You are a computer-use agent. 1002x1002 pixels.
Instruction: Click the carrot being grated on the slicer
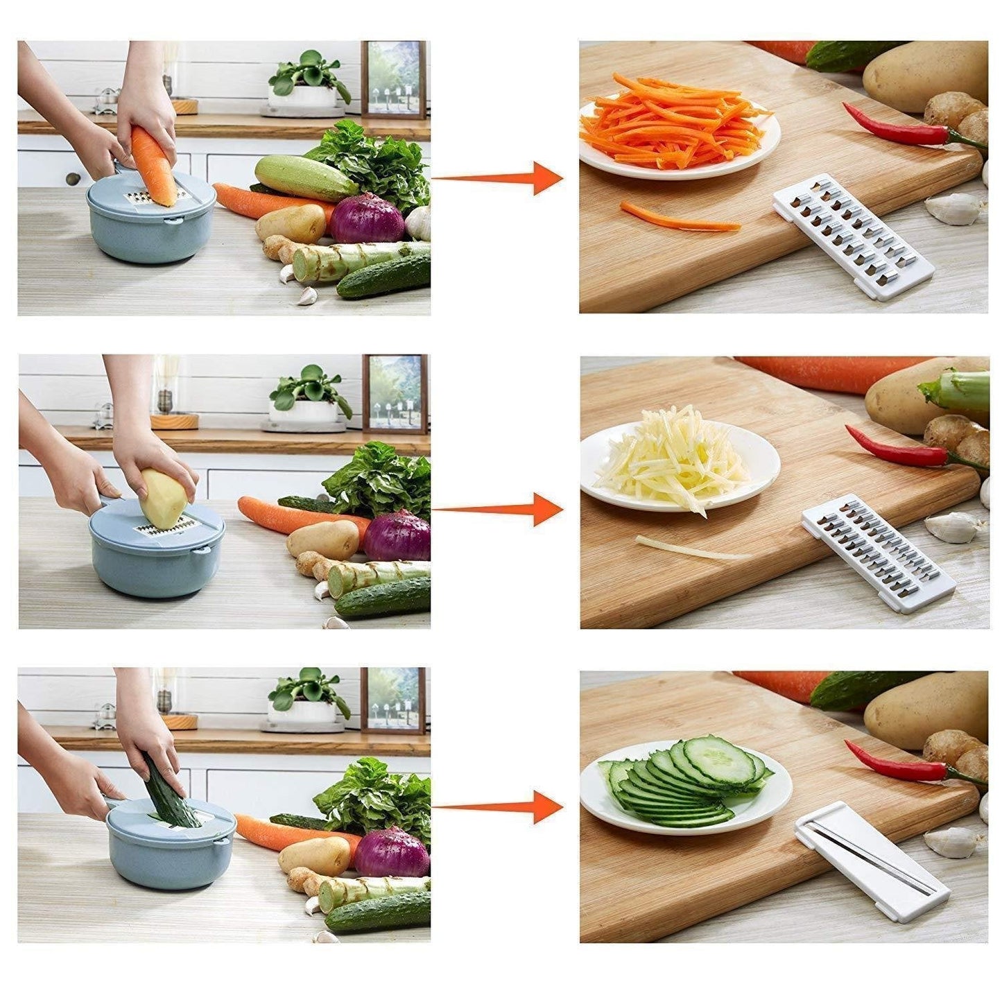click(x=155, y=166)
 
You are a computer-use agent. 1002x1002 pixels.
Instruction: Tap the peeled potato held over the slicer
click(x=164, y=498)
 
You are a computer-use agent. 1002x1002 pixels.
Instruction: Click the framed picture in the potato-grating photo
click(x=394, y=393)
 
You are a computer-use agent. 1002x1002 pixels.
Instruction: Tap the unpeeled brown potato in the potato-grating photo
click(x=323, y=539)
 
